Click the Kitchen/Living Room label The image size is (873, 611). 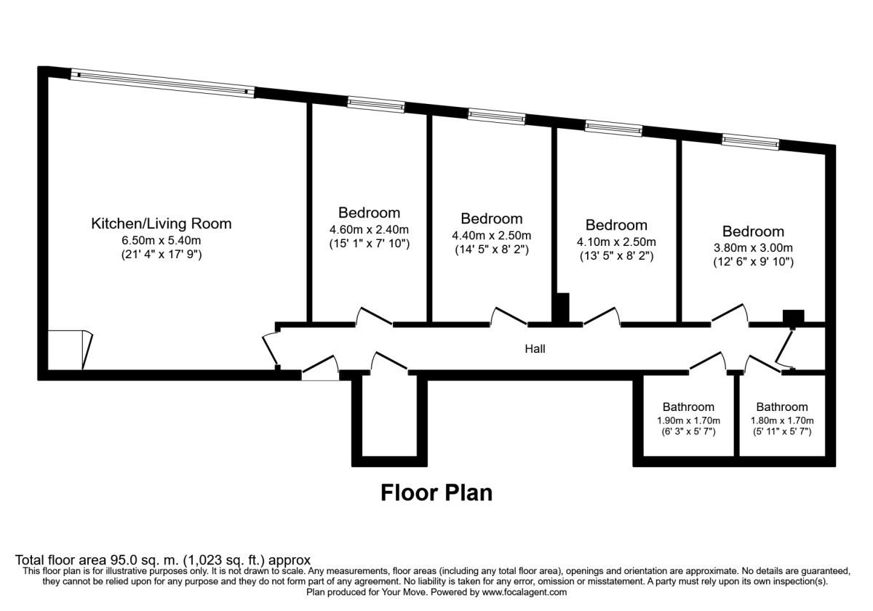coord(162,224)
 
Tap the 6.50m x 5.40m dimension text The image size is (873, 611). coord(162,240)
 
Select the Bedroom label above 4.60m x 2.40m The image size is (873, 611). coord(369,212)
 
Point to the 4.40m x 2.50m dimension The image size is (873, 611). coord(492,236)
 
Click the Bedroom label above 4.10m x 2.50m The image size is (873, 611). coord(616,225)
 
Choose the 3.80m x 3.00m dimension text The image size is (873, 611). coord(753,248)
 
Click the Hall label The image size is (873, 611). coord(535,348)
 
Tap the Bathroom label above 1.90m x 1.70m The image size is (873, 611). coord(688,407)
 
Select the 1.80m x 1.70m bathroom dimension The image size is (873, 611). coord(782,421)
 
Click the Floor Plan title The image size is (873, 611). coord(436,493)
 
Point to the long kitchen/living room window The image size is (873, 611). coord(162,84)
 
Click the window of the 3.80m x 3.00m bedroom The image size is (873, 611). coord(750,143)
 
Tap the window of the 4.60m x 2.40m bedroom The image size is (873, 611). coord(376,105)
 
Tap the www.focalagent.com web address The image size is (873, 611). coord(525,593)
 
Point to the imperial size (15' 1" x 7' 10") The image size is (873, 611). coord(369,244)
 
